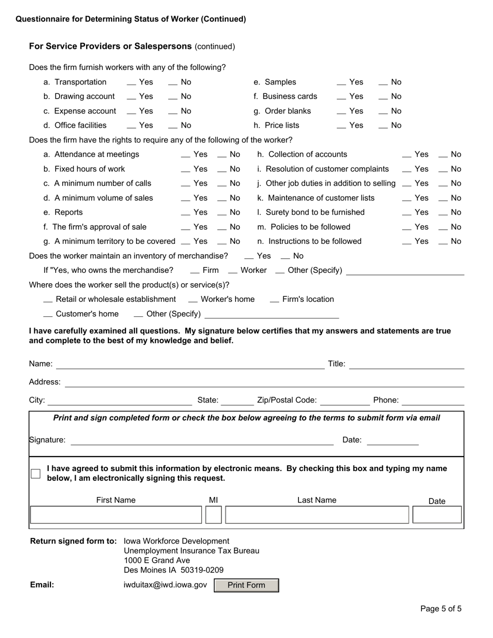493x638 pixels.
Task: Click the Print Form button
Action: [x=246, y=585]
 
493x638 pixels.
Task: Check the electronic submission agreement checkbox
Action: [x=35, y=474]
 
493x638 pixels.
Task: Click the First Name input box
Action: [x=115, y=515]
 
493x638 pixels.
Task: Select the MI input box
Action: [x=213, y=515]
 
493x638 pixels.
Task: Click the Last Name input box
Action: [x=317, y=515]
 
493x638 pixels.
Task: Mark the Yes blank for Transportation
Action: [x=132, y=82]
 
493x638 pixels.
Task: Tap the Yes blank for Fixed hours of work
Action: [x=186, y=169]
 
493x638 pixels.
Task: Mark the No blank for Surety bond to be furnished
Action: [x=443, y=213]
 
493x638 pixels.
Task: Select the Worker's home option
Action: [x=193, y=300]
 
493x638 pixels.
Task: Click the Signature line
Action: [x=202, y=440]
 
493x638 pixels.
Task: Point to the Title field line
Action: [x=407, y=365]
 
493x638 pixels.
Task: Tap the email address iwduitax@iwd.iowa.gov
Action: [x=166, y=585]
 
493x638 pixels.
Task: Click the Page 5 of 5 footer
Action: [x=441, y=609]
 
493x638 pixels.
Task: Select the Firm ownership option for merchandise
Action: [x=195, y=271]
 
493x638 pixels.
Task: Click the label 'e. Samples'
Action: [x=275, y=82]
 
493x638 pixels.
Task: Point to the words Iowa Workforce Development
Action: [x=176, y=541]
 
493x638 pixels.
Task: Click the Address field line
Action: [x=264, y=383]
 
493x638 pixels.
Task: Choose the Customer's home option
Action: [x=48, y=314]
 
